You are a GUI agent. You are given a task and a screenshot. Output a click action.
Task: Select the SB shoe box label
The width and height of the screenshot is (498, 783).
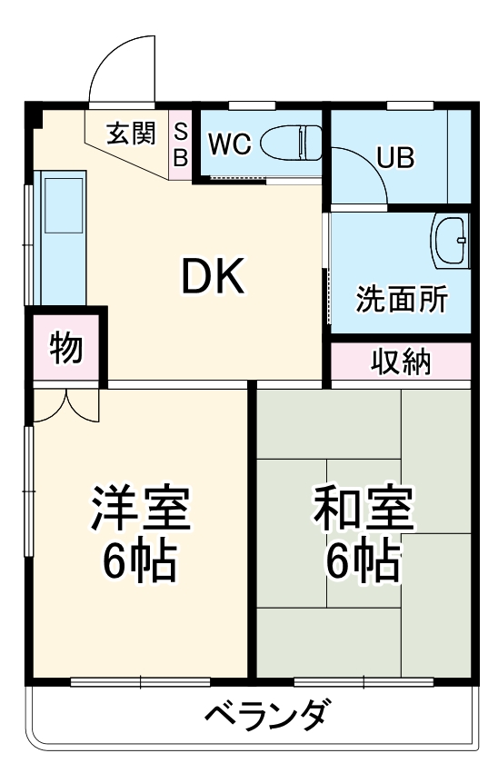(x=180, y=144)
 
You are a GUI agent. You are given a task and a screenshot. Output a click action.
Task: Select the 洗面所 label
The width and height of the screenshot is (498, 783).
(x=401, y=301)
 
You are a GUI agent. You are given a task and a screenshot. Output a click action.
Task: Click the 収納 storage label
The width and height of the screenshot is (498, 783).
(x=400, y=362)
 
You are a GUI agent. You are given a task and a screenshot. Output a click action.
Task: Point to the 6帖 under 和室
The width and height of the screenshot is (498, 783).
(x=364, y=563)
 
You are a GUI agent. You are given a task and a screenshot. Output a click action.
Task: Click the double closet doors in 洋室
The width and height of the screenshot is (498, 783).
(x=65, y=405)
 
